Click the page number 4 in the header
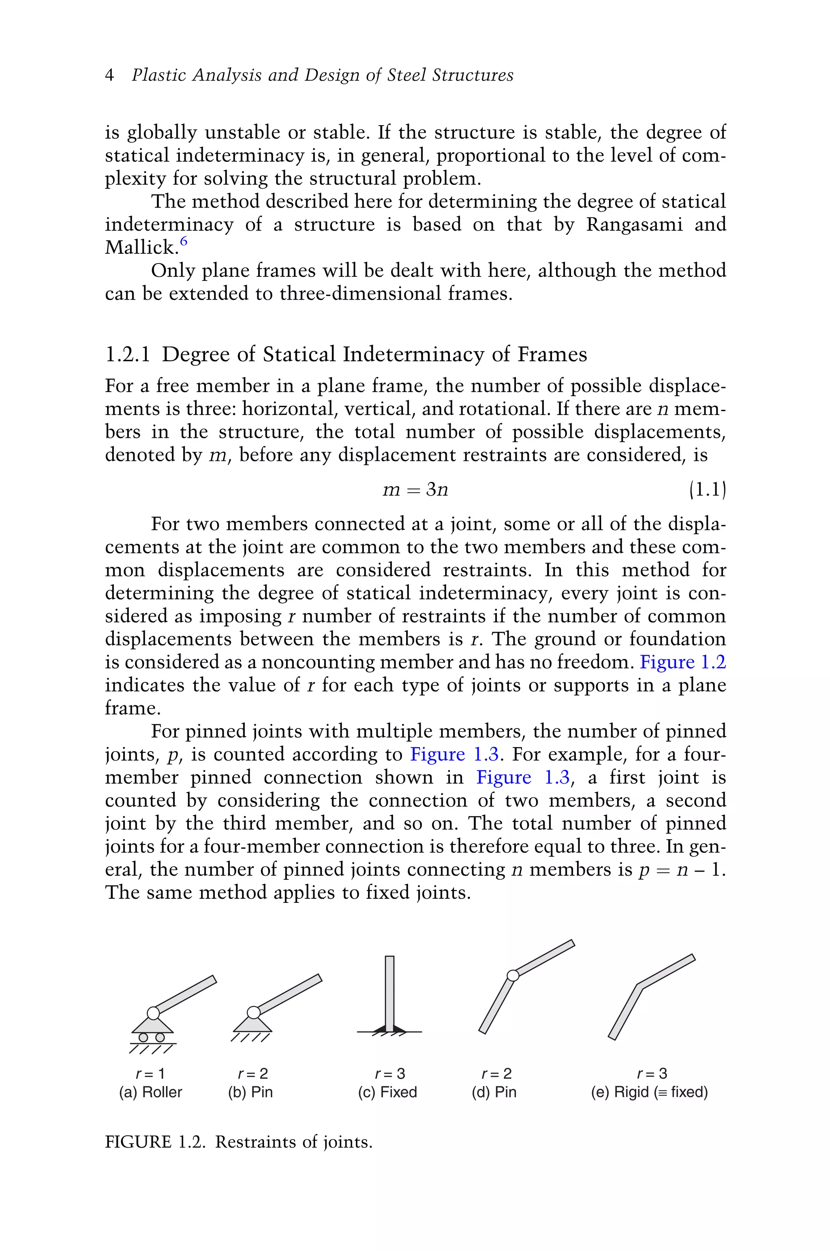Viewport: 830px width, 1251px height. pyautogui.click(x=109, y=76)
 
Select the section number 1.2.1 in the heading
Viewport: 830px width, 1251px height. pyautogui.click(x=128, y=355)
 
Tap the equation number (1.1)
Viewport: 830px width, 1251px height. pyautogui.click(x=707, y=490)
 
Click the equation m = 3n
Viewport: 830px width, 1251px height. pyautogui.click(x=415, y=490)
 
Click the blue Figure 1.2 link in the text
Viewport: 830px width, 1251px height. pyautogui.click(x=682, y=662)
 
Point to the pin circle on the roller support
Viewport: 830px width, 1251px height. pyautogui.click(x=153, y=1013)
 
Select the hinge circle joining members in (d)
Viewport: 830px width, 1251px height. pyautogui.click(x=512, y=975)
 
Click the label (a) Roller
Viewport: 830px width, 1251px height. pyautogui.click(x=151, y=1092)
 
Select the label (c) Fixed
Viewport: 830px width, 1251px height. pyautogui.click(x=387, y=1092)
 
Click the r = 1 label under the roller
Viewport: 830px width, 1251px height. pyautogui.click(x=151, y=1074)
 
